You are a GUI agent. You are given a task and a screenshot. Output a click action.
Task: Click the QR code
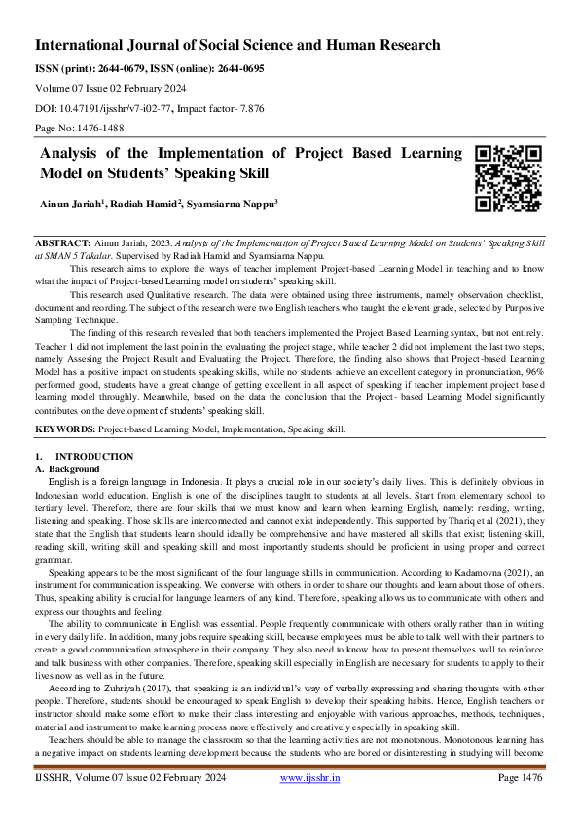[x=506, y=178]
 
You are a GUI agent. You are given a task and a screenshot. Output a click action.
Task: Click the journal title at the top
[x=237, y=45]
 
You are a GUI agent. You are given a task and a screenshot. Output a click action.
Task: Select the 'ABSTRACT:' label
[x=63, y=240]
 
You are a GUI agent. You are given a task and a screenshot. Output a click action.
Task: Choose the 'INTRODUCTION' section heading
[x=94, y=457]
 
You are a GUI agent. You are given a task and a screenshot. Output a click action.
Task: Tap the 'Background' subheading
[x=75, y=468]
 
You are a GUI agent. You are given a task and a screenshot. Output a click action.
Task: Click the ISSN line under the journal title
[x=149, y=69]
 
